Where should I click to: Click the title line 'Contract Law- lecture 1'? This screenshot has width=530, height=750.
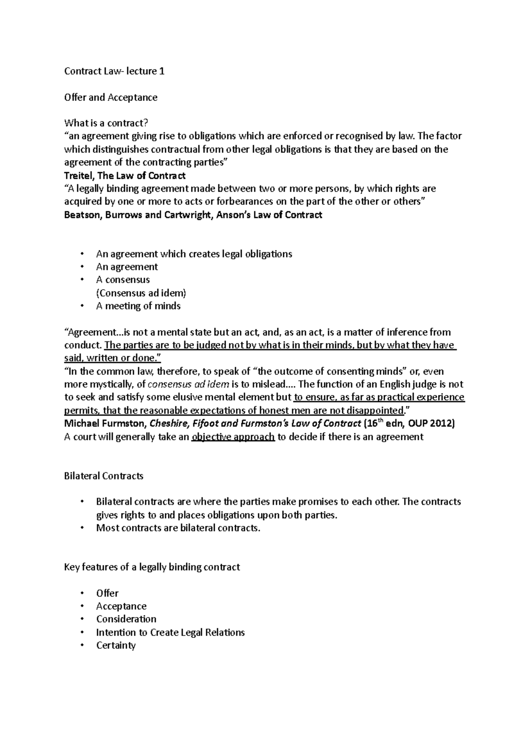pyautogui.click(x=114, y=71)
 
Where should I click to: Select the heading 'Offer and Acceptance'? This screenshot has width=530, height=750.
pyautogui.click(x=111, y=97)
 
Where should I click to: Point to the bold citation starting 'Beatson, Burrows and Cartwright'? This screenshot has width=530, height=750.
pyautogui.click(x=193, y=215)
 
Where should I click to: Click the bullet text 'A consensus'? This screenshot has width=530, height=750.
pyautogui.click(x=123, y=280)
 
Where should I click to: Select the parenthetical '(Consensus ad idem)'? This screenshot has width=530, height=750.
pyautogui.click(x=141, y=293)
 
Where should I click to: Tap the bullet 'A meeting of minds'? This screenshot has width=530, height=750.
pyautogui.click(x=138, y=306)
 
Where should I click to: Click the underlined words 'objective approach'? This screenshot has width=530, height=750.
pyautogui.click(x=233, y=437)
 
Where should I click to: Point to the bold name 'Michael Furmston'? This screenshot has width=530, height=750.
pyautogui.click(x=105, y=424)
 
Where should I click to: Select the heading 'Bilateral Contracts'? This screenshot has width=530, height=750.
pyautogui.click(x=104, y=476)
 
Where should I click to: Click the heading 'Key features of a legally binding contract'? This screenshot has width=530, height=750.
pyautogui.click(x=152, y=567)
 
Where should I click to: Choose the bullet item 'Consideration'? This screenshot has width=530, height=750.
pyautogui.click(x=126, y=619)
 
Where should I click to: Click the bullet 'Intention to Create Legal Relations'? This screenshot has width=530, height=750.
pyautogui.click(x=170, y=633)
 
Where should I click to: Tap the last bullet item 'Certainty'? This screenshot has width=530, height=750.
pyautogui.click(x=116, y=645)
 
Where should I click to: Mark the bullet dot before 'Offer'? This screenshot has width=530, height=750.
pyautogui.click(x=82, y=594)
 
